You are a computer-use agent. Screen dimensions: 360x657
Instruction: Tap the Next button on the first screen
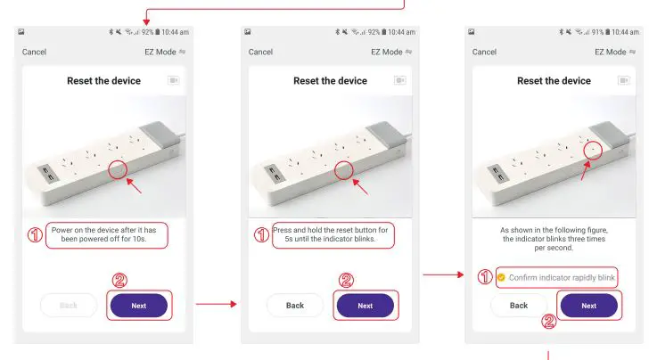click(138, 306)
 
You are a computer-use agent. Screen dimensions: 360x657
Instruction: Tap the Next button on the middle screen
click(365, 306)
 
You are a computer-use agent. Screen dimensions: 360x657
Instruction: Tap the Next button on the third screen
click(588, 306)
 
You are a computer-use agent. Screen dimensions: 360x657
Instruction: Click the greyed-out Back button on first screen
click(69, 306)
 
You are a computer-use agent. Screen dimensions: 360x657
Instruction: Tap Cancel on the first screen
click(34, 52)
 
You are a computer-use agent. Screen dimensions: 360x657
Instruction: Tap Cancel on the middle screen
click(260, 52)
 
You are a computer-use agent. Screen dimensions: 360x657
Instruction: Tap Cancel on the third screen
click(484, 52)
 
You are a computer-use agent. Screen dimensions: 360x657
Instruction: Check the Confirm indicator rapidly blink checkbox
click(501, 278)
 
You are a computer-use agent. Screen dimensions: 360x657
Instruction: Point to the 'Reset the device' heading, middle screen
click(330, 81)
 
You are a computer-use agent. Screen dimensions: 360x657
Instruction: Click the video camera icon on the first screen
click(174, 81)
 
